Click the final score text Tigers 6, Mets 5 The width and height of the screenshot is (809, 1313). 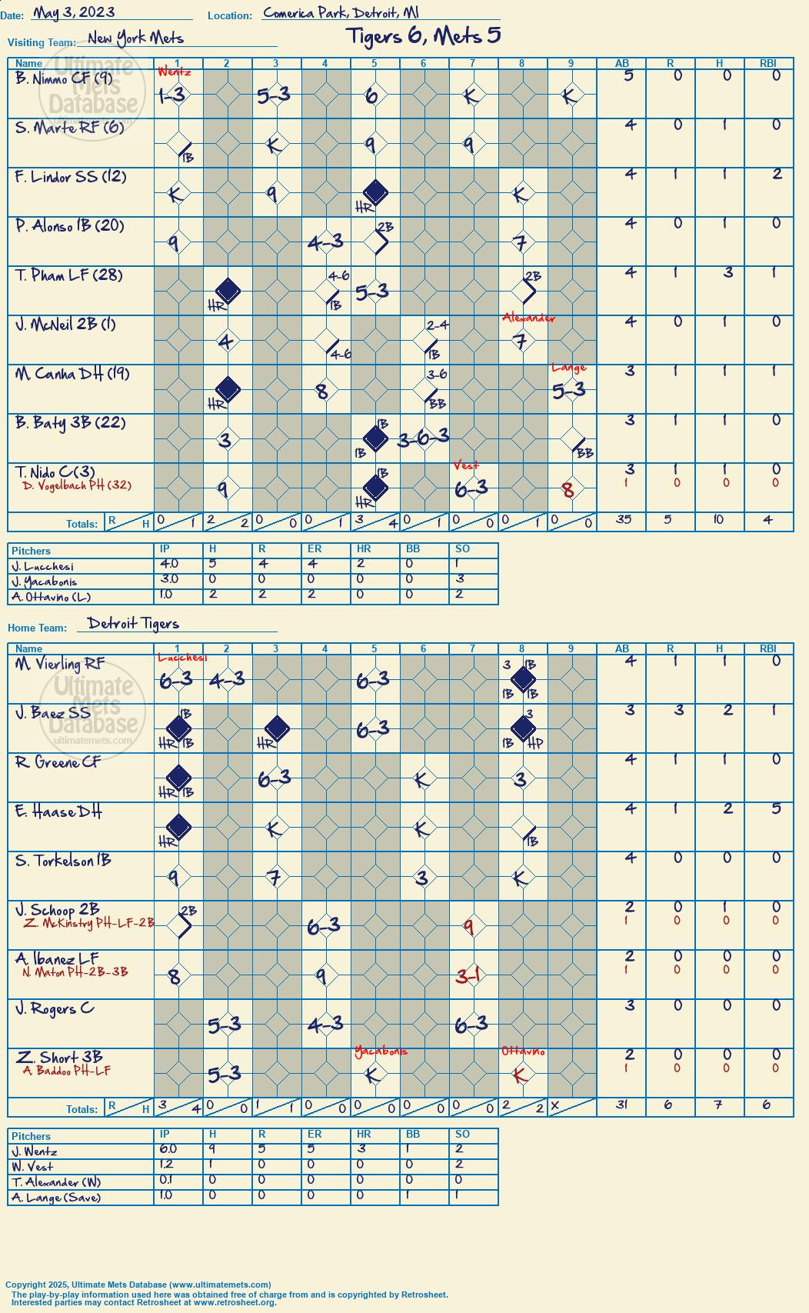click(x=423, y=36)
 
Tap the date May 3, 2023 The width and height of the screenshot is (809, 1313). click(x=74, y=12)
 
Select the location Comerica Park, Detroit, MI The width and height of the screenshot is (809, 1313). click(x=341, y=12)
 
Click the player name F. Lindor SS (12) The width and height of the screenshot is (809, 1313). click(x=70, y=176)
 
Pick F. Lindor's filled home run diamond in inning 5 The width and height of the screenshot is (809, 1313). click(x=375, y=192)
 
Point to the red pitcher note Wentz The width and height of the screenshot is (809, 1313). click(x=174, y=72)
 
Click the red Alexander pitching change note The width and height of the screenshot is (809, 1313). click(x=528, y=318)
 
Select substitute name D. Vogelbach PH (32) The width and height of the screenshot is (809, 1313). click(x=77, y=485)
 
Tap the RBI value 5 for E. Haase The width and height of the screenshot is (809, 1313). click(x=776, y=808)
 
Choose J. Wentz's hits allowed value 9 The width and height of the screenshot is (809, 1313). click(x=213, y=1150)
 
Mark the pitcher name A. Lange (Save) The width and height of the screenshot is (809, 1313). click(x=56, y=1198)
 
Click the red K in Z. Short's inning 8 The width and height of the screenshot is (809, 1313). click(x=519, y=1075)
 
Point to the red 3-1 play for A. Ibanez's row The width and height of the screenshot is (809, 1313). click(x=468, y=976)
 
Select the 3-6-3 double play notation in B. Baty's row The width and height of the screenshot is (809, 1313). click(x=423, y=437)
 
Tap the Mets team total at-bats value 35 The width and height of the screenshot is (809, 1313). click(x=623, y=518)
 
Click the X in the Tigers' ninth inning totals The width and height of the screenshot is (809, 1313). click(x=555, y=1105)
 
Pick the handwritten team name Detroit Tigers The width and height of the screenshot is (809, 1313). click(x=133, y=623)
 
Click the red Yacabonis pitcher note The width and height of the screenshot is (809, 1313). click(x=381, y=1051)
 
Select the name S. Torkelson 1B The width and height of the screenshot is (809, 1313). click(x=63, y=861)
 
